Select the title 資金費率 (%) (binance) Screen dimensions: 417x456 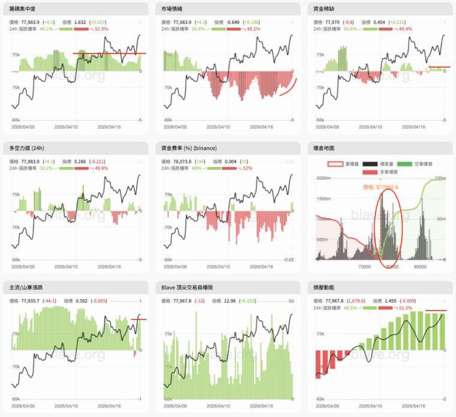pyautogui.click(x=189, y=148)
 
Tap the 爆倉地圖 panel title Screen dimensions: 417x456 pyautogui.click(x=324, y=148)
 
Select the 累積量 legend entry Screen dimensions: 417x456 pyautogui.click(x=348, y=163)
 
